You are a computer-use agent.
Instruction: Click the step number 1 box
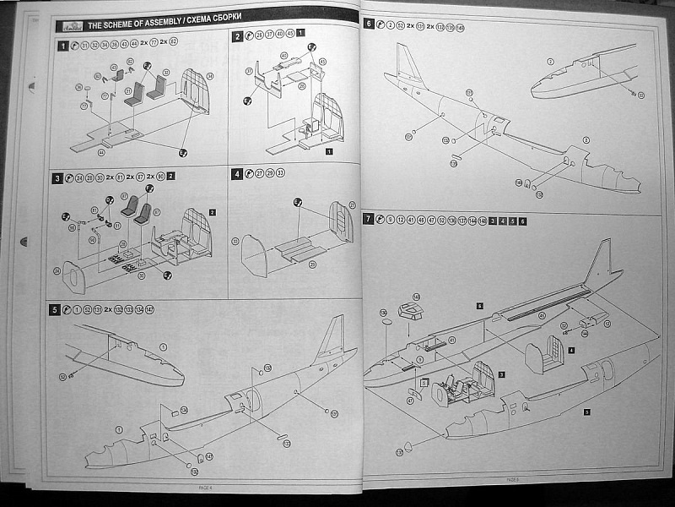tap(62, 46)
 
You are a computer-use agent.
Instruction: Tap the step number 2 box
tap(238, 36)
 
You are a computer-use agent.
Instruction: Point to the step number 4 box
tap(238, 173)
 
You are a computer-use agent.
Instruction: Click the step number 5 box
tap(55, 309)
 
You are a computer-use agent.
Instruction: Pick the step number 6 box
tap(369, 25)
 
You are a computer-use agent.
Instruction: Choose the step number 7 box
tap(369, 220)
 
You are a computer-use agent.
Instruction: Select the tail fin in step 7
tap(601, 262)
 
